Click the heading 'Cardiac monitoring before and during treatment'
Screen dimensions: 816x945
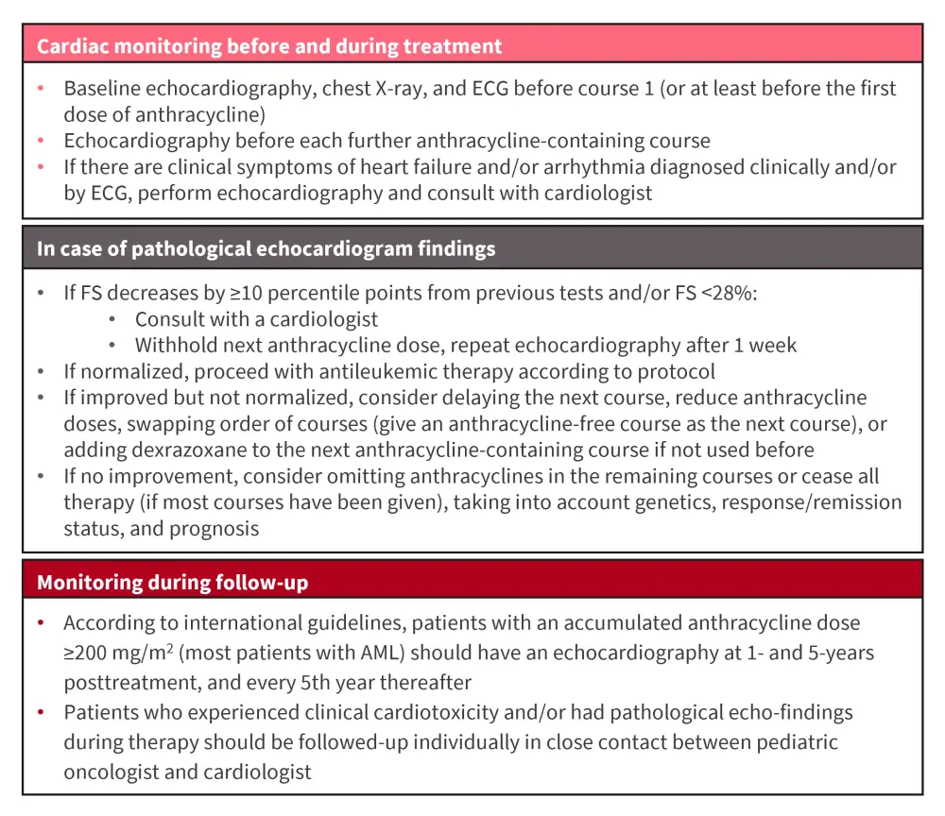tap(269, 45)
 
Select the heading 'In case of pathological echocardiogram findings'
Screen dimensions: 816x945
tap(266, 249)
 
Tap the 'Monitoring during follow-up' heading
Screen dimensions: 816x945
tap(172, 583)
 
